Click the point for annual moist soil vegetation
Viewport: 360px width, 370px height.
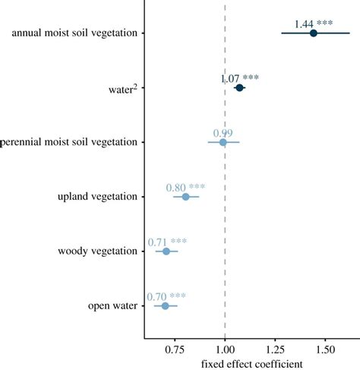tap(313, 33)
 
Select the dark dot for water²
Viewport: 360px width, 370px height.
tap(239, 88)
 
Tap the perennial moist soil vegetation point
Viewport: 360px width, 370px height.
tap(223, 142)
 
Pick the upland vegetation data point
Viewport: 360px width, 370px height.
tap(185, 197)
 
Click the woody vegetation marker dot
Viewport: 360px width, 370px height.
tap(166, 251)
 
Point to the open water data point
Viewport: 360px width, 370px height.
tap(165, 305)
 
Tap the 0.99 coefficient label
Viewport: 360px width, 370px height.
tap(223, 133)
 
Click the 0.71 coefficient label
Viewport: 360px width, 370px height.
tap(157, 242)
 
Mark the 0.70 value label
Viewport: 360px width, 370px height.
tap(156, 296)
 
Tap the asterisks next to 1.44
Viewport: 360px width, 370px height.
tap(324, 24)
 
